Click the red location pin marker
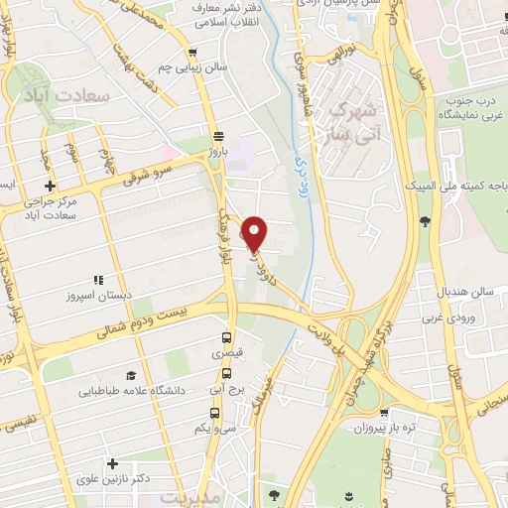[x=255, y=232]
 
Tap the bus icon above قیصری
[x=227, y=337]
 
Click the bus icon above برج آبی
[x=227, y=374]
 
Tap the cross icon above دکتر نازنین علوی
[x=113, y=463]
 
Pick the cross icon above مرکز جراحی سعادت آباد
[x=49, y=186]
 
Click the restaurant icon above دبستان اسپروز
[x=97, y=281]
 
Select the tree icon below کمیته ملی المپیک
[x=425, y=220]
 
